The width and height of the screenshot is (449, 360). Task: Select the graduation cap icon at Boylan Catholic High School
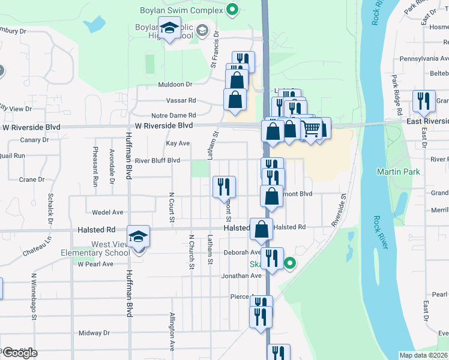point(170,28)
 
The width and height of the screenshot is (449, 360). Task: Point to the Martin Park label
point(398,172)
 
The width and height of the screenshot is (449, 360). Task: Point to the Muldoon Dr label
point(175,85)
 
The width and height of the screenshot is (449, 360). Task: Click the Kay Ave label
point(178,143)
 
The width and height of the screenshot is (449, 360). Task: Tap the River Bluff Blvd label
point(157,161)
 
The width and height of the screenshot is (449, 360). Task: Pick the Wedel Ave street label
point(108,212)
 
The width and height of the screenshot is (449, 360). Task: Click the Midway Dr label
point(94,332)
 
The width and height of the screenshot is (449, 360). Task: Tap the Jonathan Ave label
point(241,275)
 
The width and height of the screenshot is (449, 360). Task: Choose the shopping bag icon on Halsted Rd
point(262,229)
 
